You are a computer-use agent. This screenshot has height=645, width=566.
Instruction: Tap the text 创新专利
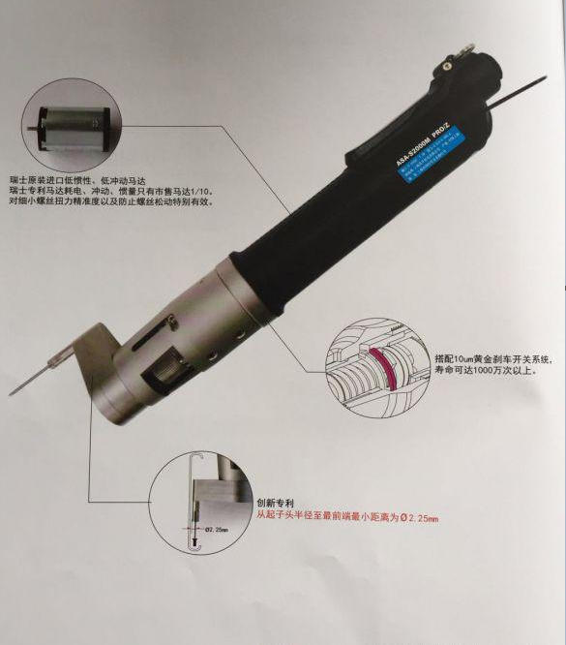tap(275, 504)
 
